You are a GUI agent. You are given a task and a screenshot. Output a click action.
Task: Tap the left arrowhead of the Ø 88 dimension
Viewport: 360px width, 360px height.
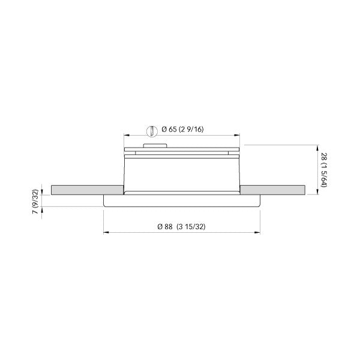click(x=106, y=233)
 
